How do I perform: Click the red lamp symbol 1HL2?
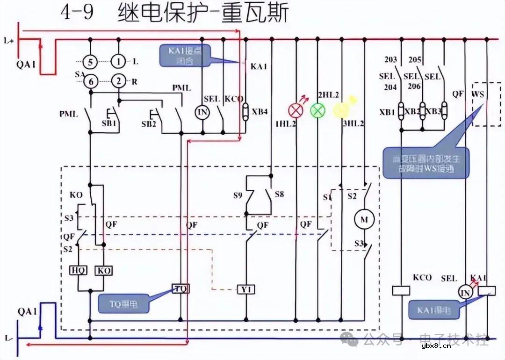point(295,110)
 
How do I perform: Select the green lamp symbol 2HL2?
point(317,110)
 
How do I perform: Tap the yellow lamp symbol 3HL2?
point(340,110)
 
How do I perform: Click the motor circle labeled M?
point(363,218)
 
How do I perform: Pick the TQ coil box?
point(180,289)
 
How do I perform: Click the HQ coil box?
point(76,270)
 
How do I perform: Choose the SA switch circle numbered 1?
point(119,61)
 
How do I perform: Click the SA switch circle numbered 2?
point(119,81)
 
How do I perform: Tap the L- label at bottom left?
point(8,337)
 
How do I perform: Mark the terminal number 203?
point(390,60)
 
